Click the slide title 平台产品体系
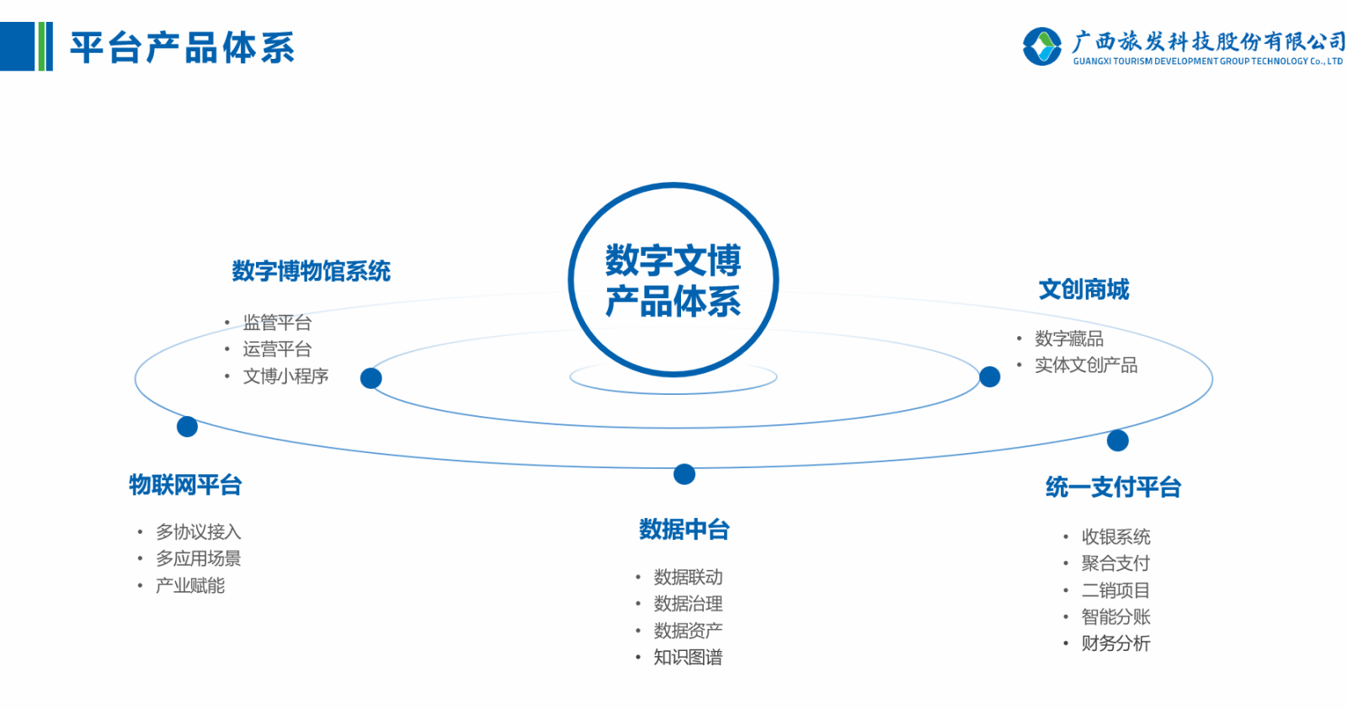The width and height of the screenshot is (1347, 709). click(x=182, y=48)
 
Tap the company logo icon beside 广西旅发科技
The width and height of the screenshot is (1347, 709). click(x=1042, y=46)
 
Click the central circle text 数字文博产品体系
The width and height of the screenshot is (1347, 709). click(x=673, y=280)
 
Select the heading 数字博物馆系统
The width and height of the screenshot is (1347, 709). click(x=311, y=271)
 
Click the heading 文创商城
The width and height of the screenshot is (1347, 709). click(x=1083, y=290)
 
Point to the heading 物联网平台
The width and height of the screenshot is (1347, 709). click(x=185, y=485)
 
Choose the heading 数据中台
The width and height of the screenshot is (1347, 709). click(x=684, y=530)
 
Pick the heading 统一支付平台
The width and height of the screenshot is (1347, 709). click(x=1113, y=487)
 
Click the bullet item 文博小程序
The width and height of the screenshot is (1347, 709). click(x=285, y=376)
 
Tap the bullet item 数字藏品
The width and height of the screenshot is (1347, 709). click(x=1068, y=339)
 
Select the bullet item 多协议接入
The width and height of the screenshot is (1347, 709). click(x=198, y=532)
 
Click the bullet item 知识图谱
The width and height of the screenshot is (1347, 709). click(x=688, y=658)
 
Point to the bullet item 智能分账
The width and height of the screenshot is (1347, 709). click(x=1115, y=617)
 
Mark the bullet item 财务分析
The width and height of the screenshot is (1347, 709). click(x=1115, y=644)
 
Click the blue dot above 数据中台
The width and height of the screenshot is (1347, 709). click(x=684, y=475)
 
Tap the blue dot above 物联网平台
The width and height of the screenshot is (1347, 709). click(x=187, y=427)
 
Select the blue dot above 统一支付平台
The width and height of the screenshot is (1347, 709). click(x=1117, y=440)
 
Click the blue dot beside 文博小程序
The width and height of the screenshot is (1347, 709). click(x=370, y=379)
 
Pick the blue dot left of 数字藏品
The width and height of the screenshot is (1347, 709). click(x=990, y=376)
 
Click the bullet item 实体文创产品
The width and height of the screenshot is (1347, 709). click(x=1085, y=365)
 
